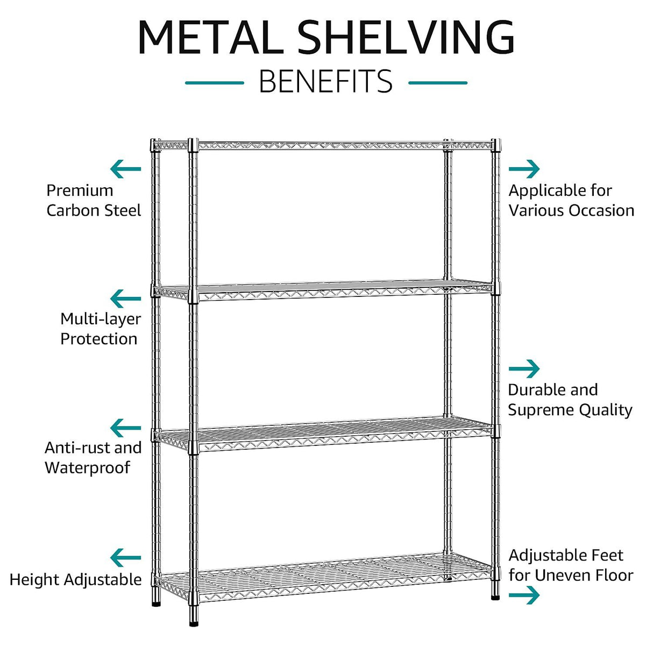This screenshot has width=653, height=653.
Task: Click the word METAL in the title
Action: coord(210,37)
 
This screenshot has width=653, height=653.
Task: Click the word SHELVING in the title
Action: coord(406,37)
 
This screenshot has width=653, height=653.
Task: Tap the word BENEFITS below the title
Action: coord(326,82)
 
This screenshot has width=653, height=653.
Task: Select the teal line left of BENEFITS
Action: coord(214,83)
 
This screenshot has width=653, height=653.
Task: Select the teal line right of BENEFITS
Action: coord(438,83)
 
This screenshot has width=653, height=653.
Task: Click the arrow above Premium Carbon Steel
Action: coord(125,169)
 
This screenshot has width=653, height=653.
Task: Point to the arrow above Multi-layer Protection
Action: coord(125,299)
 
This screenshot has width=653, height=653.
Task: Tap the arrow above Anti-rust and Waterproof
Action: coord(125,428)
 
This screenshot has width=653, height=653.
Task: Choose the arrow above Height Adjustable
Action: coord(125,558)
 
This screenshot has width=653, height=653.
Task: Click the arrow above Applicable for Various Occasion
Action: coord(524,169)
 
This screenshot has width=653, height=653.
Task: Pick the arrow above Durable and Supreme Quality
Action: coord(524,369)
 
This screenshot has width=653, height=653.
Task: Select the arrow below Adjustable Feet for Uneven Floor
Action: coord(524,595)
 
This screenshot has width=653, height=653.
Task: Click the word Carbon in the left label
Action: coord(72,210)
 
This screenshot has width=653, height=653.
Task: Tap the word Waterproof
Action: coord(87,467)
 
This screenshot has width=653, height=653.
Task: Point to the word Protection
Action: coord(98,339)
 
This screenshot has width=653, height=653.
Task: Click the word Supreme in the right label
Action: coord(540,410)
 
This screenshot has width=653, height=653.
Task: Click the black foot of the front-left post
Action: coord(194,623)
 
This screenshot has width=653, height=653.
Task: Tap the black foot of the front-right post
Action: coord(495,597)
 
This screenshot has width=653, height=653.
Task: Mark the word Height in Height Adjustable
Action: coord(33,580)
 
